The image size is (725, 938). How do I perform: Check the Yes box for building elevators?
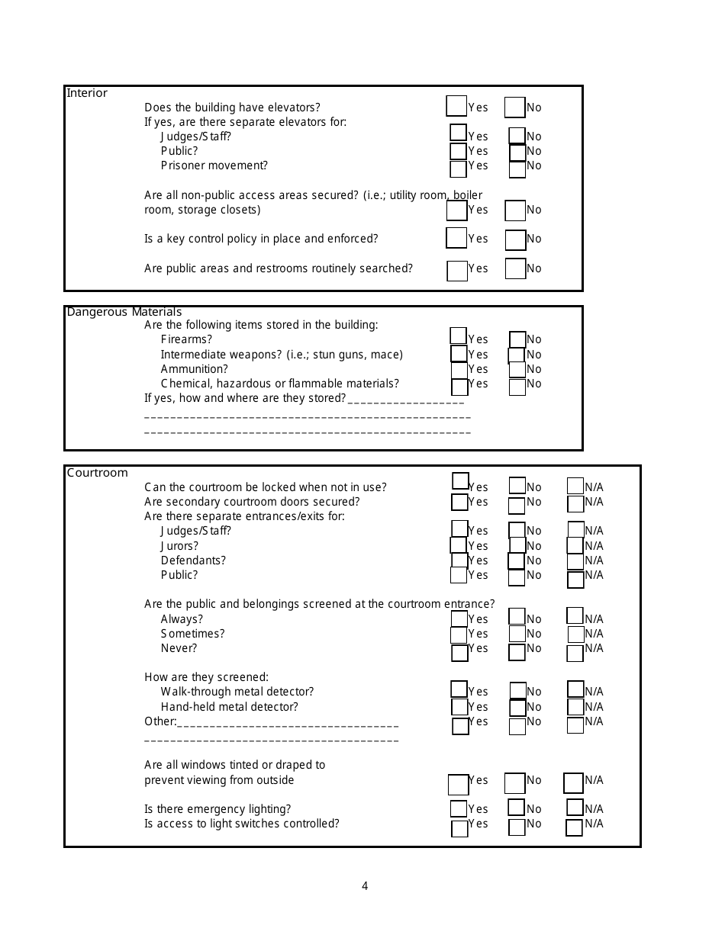point(456,106)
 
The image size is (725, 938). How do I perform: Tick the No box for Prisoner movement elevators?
point(517,169)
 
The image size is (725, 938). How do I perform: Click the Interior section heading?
point(87,93)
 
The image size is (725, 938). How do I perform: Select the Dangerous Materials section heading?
point(124,312)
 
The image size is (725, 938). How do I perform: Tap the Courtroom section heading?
point(97,473)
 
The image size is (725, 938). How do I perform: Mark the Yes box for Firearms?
point(458,336)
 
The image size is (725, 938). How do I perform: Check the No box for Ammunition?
point(517,369)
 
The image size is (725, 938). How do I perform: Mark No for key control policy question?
point(516,240)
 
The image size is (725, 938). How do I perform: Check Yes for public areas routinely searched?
point(457,271)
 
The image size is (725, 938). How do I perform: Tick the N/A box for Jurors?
point(575,545)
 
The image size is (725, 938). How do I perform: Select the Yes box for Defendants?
point(459,561)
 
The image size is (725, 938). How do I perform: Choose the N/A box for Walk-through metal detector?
point(575,689)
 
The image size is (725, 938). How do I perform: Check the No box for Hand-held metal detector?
point(517,708)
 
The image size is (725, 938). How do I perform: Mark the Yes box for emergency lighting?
point(459,808)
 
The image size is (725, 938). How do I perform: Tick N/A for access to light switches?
point(574,827)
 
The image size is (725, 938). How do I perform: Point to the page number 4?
point(365,886)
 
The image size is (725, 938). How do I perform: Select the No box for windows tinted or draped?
point(515,783)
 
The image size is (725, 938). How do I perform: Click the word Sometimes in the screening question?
point(192,634)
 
